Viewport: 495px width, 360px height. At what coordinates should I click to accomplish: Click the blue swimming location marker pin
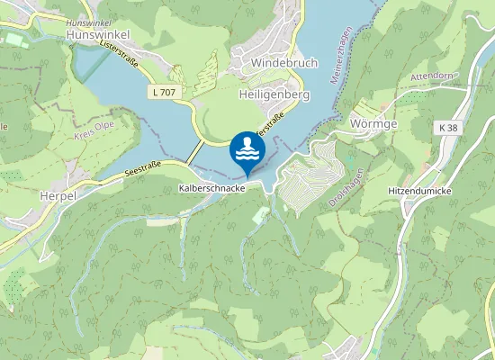247,152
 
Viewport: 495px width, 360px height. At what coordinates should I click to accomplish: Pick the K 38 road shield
449,129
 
